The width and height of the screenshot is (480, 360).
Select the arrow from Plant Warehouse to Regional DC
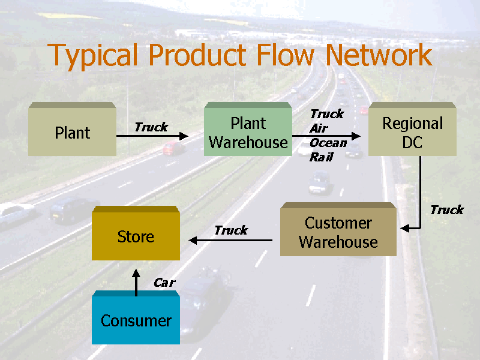(x=327, y=136)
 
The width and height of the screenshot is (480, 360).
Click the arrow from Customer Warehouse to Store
(x=231, y=241)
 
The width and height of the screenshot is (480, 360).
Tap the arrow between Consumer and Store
(x=136, y=282)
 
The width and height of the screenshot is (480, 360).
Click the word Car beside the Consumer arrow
(x=164, y=283)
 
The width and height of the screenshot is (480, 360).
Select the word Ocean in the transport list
(x=328, y=143)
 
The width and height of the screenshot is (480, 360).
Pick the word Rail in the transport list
(x=320, y=157)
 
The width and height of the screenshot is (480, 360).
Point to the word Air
(x=319, y=128)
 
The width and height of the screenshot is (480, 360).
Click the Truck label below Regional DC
(x=446, y=210)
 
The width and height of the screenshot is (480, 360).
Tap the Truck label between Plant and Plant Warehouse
(x=151, y=127)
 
